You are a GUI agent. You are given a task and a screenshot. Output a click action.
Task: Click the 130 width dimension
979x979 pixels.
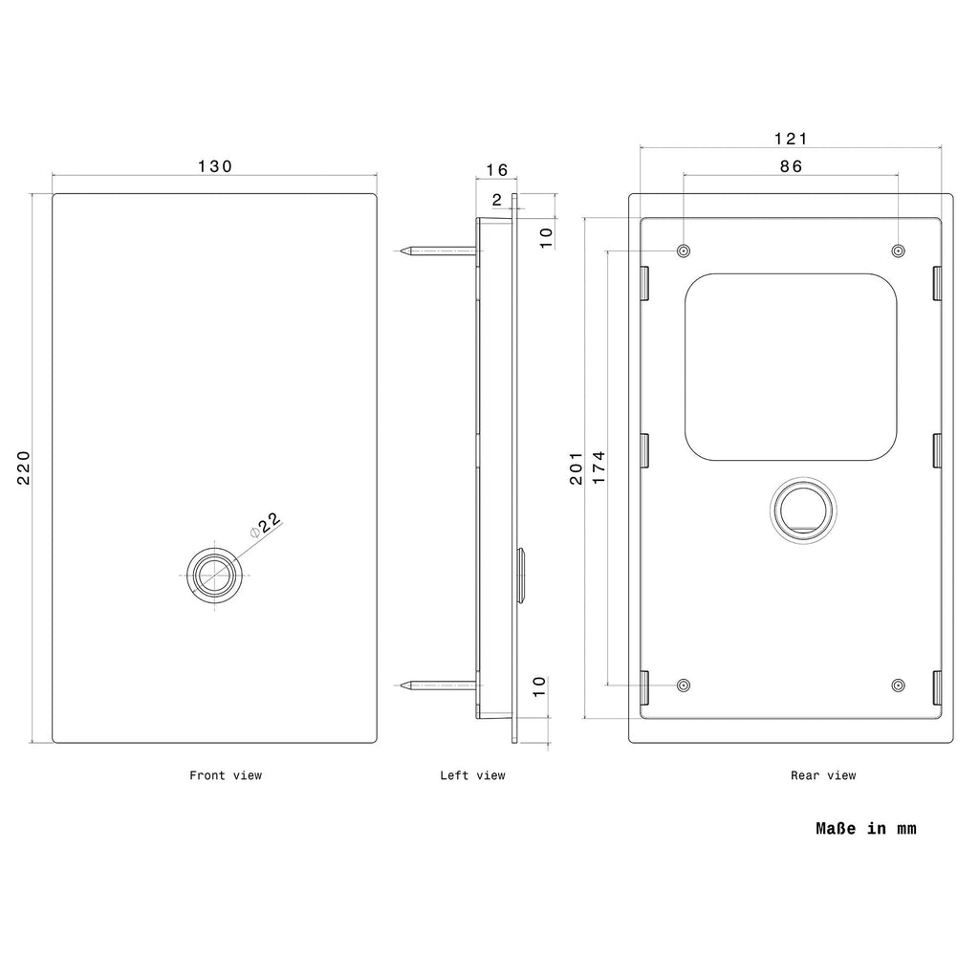click(x=215, y=166)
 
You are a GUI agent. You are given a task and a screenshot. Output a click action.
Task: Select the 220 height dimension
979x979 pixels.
click(x=24, y=468)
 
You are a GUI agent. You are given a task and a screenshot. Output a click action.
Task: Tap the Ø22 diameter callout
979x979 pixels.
click(x=266, y=525)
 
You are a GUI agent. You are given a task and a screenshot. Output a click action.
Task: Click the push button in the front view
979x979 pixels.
click(x=215, y=575)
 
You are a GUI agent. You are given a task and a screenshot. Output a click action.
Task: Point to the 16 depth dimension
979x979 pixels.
click(x=497, y=170)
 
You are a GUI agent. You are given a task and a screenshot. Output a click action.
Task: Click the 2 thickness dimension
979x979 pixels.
click(x=497, y=200)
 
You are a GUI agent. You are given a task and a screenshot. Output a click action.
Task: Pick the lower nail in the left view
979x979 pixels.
click(x=441, y=685)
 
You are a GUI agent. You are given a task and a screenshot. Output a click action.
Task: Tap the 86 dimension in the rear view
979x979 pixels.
click(x=791, y=166)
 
